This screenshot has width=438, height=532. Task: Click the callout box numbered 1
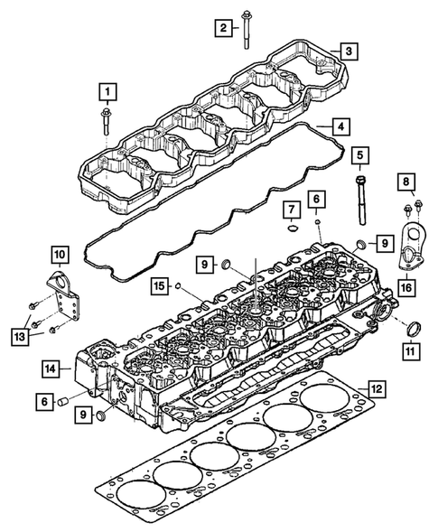click(107, 91)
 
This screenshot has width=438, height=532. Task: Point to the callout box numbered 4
click(336, 126)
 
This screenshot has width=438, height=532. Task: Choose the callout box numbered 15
click(158, 285)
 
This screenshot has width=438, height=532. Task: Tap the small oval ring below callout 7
click(292, 229)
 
